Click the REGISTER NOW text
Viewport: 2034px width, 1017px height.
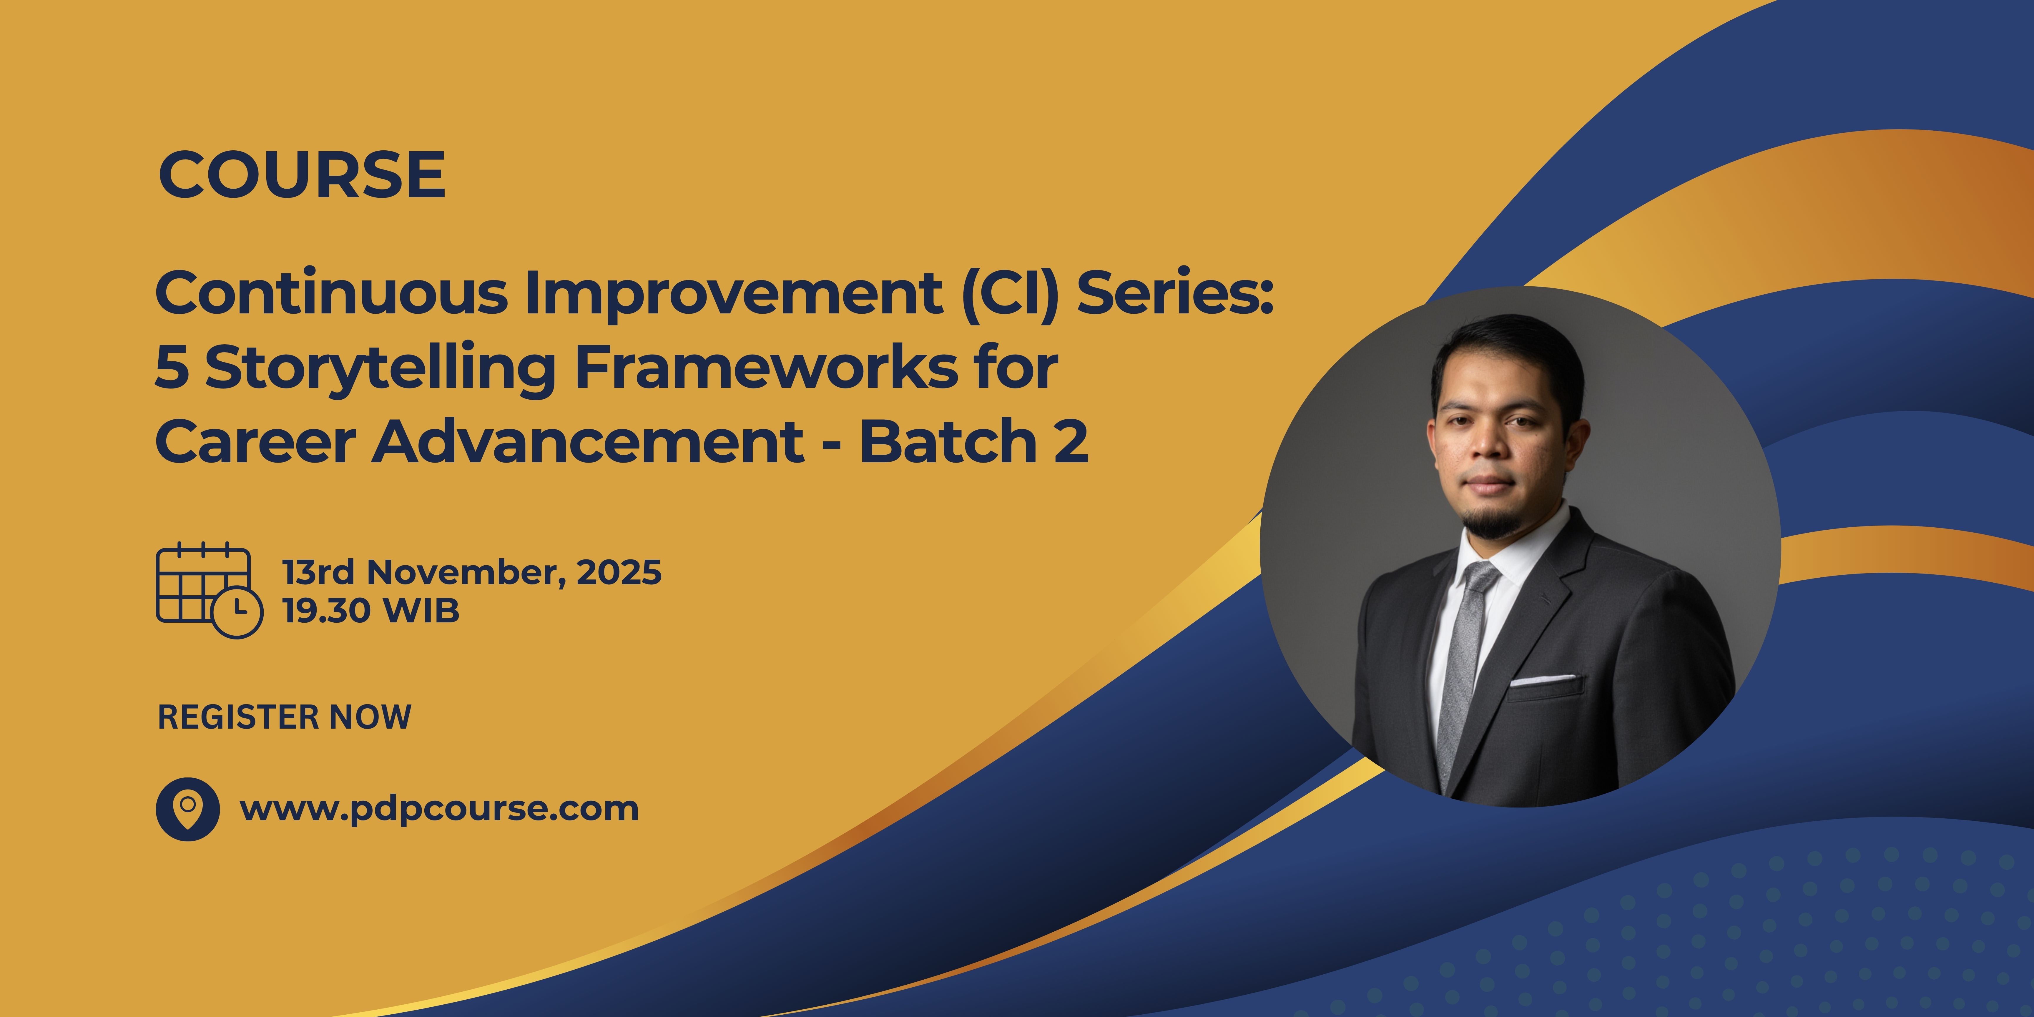click(x=284, y=717)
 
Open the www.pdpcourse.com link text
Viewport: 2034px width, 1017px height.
click(x=439, y=809)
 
